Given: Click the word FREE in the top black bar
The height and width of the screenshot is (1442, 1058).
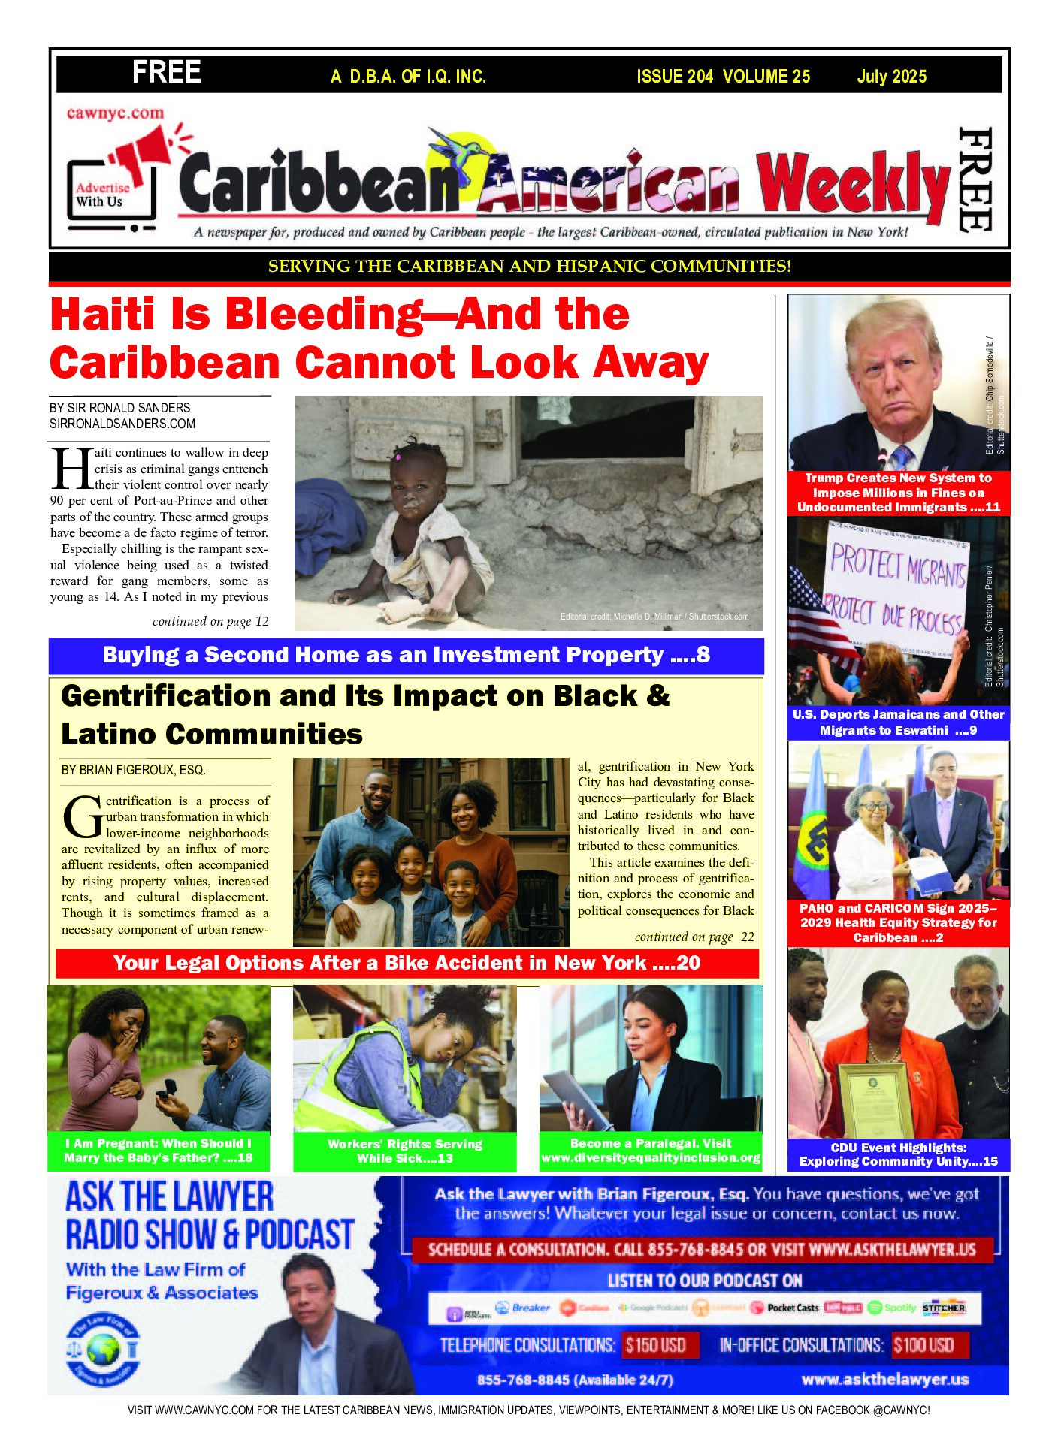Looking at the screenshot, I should click(x=166, y=73).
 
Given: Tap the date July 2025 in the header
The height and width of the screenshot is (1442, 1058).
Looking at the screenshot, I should click(x=891, y=77).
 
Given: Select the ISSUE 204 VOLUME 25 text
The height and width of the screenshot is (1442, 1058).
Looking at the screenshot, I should click(x=723, y=77).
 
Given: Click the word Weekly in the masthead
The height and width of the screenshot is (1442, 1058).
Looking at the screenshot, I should click(x=853, y=185).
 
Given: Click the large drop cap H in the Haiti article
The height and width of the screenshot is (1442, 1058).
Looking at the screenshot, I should click(x=71, y=469).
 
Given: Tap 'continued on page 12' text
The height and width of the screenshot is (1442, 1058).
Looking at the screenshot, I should click(x=210, y=621).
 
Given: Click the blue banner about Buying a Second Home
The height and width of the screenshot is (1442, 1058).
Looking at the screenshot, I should click(x=406, y=655).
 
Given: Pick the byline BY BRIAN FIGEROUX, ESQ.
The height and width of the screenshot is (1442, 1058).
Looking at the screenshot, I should click(x=133, y=770).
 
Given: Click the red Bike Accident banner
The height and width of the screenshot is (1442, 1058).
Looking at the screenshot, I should click(x=407, y=963).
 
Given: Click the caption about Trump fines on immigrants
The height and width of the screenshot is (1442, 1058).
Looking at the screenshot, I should click(x=898, y=493).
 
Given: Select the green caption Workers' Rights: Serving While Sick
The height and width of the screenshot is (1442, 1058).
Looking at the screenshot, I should click(x=404, y=1151).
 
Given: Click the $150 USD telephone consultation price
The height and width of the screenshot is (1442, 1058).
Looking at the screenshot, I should click(x=656, y=1344).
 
